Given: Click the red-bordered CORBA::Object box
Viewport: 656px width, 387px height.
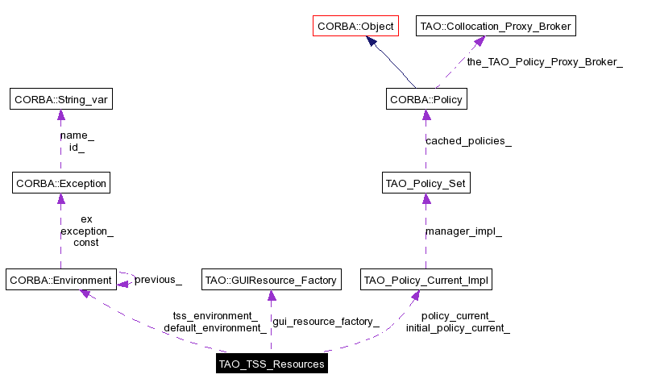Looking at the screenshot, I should [355, 27].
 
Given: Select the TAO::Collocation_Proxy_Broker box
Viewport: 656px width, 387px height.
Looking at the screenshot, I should [496, 27].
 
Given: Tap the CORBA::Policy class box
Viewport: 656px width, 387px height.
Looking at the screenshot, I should [426, 100].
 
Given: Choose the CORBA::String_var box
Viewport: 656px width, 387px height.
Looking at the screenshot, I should [60, 100].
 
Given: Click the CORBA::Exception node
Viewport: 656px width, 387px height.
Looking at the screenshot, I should [60, 183].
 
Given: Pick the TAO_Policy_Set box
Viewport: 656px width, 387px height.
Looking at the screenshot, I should [426, 183].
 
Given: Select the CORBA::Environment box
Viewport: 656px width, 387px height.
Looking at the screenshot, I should [60, 281].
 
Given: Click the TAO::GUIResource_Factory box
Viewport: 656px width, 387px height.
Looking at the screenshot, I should [270, 281].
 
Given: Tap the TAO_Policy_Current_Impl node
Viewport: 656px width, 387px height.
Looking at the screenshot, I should [426, 281].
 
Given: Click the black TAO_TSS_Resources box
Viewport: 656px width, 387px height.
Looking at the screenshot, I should [271, 364].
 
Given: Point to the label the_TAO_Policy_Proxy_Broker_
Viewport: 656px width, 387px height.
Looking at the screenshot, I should [544, 62].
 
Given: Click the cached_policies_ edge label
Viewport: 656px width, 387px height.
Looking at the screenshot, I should [468, 141].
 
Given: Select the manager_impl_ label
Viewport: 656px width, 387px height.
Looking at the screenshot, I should [463, 232].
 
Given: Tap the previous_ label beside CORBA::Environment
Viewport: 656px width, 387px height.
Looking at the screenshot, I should [158, 281].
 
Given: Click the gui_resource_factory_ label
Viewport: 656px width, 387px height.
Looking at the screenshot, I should [326, 322].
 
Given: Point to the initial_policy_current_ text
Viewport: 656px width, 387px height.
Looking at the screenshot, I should [458, 328].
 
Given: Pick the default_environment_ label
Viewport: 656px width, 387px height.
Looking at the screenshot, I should [215, 328].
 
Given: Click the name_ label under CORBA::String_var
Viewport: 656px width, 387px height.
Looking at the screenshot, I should [77, 136].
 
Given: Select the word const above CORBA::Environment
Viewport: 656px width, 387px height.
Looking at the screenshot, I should [86, 243].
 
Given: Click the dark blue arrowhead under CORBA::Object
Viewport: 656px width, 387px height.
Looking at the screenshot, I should [372, 42].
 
